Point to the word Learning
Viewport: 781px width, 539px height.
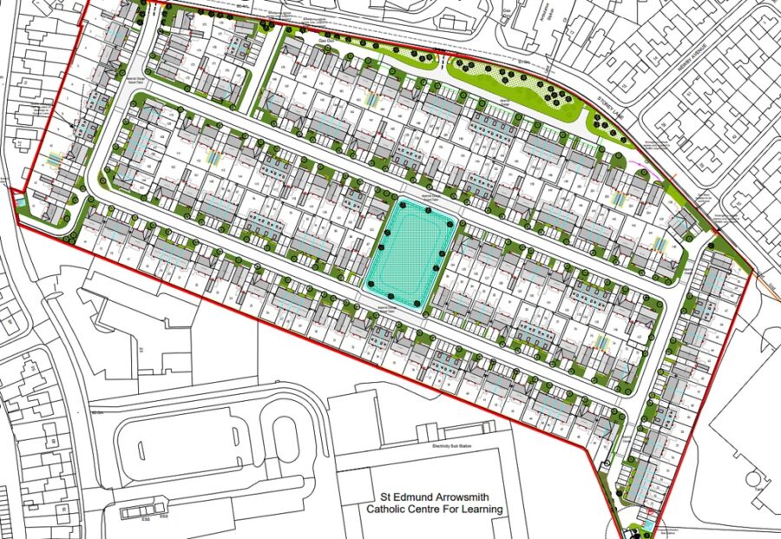click(482, 509)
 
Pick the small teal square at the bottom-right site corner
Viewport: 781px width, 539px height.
click(646, 526)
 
